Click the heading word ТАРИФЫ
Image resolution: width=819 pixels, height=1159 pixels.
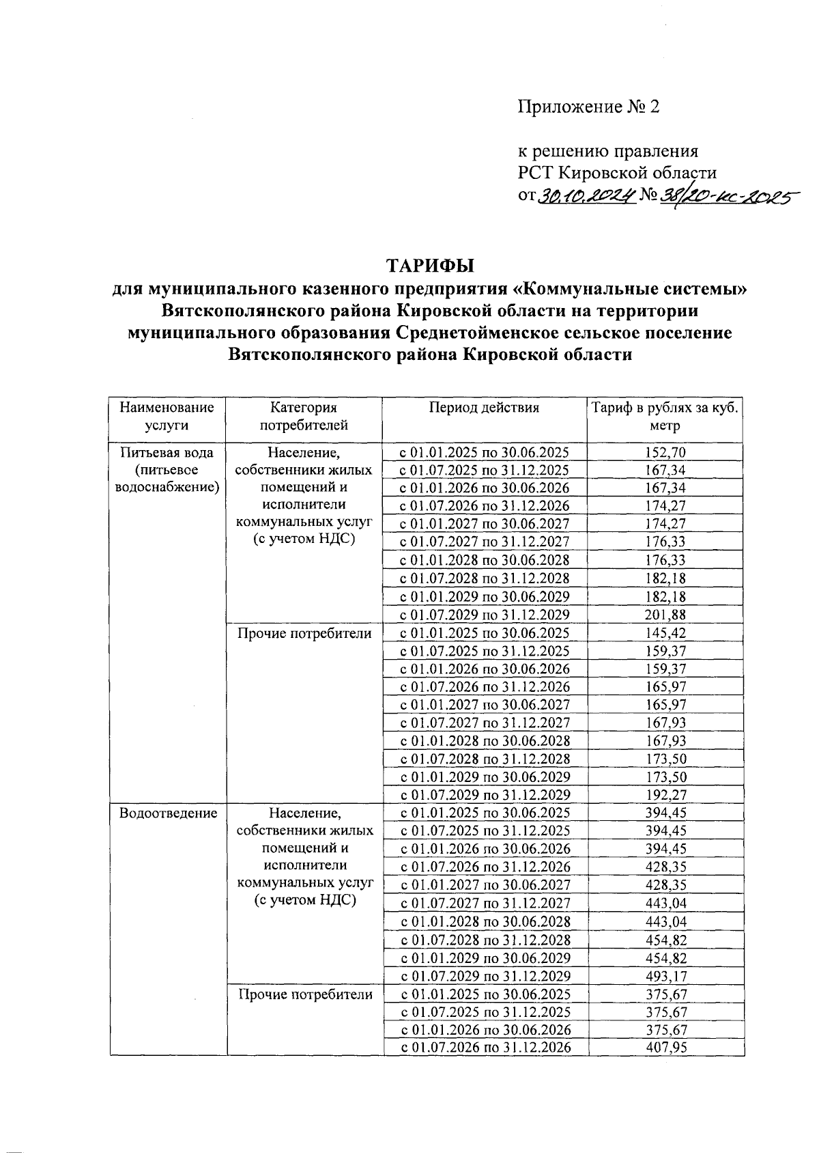(x=430, y=265)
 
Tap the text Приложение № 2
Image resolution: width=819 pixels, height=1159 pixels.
(x=588, y=107)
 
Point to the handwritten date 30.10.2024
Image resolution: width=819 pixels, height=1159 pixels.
(x=587, y=197)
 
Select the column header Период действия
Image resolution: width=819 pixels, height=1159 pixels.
(x=484, y=408)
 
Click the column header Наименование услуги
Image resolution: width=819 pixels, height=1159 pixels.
(x=167, y=416)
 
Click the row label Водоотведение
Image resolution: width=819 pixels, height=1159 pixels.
(x=168, y=813)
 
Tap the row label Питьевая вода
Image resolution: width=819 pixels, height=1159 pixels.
(x=167, y=452)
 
